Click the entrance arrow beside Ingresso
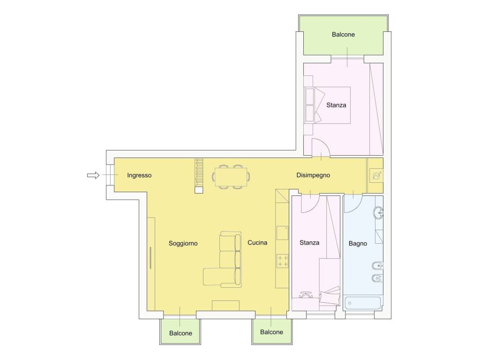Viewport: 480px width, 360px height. pos(93,175)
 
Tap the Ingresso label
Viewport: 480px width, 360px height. pos(139,175)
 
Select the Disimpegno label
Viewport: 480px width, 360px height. pos(313,175)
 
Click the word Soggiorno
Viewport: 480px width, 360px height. pos(183,243)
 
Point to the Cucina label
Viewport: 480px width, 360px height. pos(257,242)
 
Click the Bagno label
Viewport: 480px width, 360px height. pos(358,243)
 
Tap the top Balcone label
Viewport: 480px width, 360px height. pos(343,34)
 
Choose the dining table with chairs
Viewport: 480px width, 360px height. pos(231,177)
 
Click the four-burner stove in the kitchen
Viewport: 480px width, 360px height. pos(282,261)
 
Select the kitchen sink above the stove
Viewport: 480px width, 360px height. pos(282,233)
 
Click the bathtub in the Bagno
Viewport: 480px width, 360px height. pos(363,303)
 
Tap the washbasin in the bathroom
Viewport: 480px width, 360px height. pos(379,212)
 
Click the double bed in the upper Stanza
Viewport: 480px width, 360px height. pos(328,105)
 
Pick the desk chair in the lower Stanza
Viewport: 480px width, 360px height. pos(306,295)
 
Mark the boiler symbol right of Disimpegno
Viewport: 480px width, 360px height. pos(376,176)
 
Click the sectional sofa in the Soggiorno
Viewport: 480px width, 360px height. pos(223,260)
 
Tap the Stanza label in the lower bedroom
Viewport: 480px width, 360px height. pos(309,243)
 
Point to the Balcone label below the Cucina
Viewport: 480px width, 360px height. pos(271,332)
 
